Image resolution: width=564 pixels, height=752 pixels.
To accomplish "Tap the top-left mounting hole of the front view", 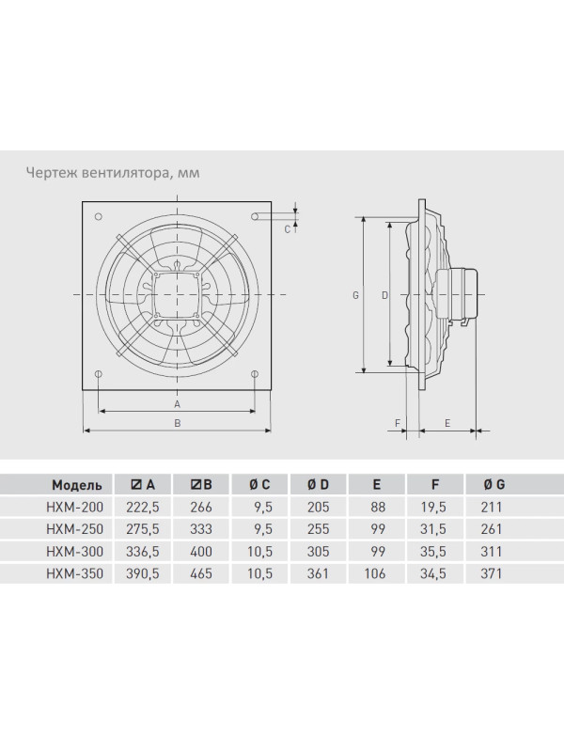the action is (x=99, y=217).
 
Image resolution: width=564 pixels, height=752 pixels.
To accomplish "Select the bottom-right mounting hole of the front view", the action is (x=255, y=373).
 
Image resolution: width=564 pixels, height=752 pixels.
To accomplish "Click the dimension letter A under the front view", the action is (x=177, y=404).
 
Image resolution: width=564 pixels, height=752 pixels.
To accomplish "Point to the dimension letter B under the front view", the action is (x=177, y=423).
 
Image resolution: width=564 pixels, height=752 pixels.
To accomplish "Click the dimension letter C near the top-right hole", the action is (x=287, y=229).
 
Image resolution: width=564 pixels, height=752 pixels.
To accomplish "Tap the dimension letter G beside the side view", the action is (x=355, y=295).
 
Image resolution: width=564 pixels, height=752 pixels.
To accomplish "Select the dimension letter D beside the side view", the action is (x=384, y=295).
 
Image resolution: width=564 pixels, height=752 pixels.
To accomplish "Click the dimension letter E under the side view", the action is (x=447, y=423).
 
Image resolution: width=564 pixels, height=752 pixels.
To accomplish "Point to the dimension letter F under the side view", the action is (x=397, y=423).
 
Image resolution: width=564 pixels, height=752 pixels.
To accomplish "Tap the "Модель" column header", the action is (x=77, y=485).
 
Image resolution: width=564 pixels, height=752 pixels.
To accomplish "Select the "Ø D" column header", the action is (x=318, y=485).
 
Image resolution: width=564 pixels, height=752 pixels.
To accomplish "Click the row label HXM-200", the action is (x=75, y=507).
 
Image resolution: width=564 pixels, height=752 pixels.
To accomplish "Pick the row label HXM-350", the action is (x=75, y=573).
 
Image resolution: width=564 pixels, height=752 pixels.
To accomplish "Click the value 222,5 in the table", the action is (x=143, y=508).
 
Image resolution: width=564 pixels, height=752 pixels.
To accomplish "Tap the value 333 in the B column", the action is (x=201, y=529).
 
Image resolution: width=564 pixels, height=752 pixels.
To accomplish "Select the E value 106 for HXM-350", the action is (x=374, y=573).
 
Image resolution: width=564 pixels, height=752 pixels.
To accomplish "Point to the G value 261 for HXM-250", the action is (x=491, y=529).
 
